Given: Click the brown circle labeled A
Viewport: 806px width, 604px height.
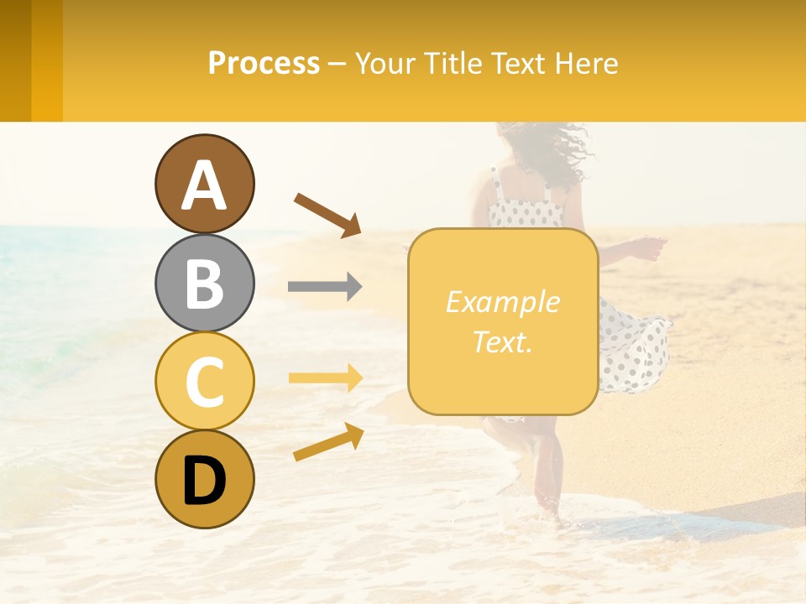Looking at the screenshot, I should click(204, 184).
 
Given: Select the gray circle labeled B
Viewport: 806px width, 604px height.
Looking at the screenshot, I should click(204, 283).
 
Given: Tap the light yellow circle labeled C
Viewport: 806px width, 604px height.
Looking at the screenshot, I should click(204, 381).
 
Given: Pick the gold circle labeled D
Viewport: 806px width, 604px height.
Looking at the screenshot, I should click(204, 479).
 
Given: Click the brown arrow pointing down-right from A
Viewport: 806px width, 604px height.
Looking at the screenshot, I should click(327, 214).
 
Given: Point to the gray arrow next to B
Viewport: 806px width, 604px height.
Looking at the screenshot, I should click(325, 287).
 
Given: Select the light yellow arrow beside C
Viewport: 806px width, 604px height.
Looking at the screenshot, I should click(325, 378).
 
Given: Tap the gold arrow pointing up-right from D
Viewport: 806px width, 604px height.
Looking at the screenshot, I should click(328, 442).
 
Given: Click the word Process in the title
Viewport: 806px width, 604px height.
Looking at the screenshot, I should click(264, 64).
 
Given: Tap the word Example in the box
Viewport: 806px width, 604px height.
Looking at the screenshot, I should click(502, 302).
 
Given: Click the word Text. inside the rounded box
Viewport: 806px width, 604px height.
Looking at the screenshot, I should click(502, 341).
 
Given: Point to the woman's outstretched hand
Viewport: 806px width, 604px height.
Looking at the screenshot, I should click(651, 247).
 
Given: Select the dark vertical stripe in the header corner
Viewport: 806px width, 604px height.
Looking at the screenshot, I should click(16, 60).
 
